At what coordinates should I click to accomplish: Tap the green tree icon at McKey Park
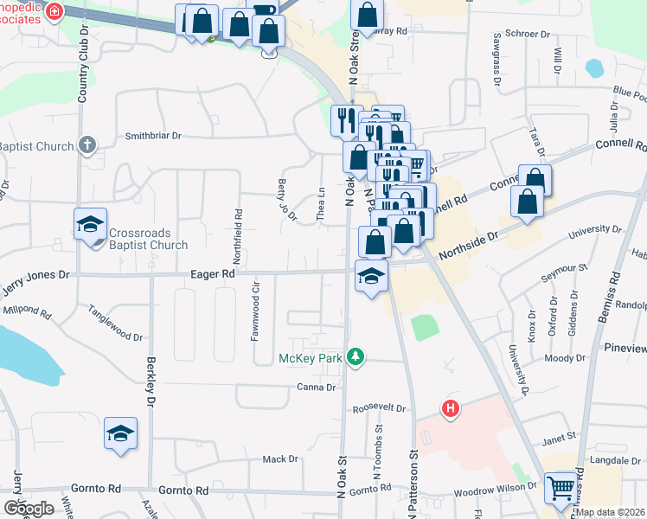coord(354,356)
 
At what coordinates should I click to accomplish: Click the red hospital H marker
coord(450,408)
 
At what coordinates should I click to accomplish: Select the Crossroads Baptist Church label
coord(148,239)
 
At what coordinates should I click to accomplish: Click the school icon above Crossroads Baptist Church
coord(90,225)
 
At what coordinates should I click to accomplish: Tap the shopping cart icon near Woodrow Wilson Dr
coord(561,490)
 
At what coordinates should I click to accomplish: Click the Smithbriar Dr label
coord(153,136)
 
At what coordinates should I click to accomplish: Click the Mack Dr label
coord(279,459)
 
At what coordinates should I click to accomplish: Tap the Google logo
coord(28,508)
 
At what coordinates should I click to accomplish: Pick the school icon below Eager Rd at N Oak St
coord(371,276)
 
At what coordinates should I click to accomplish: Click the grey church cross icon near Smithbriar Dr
coord(87,144)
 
